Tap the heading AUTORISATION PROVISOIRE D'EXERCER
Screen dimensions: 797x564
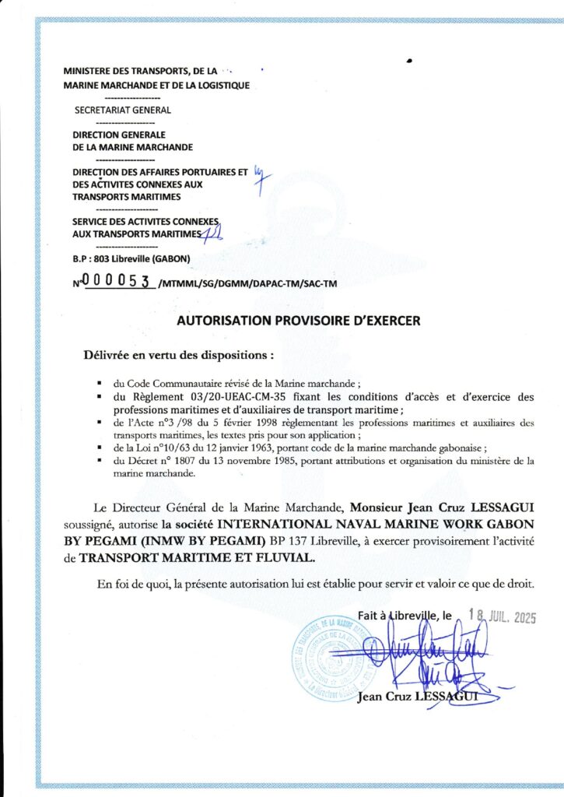pos(299,320)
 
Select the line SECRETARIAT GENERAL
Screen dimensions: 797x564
pos(122,110)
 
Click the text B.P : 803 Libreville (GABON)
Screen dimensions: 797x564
pos(126,258)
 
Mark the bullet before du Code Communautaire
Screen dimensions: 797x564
pos(100,384)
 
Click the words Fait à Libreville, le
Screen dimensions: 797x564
pos(405,615)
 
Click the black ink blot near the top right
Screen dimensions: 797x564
pos(409,60)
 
